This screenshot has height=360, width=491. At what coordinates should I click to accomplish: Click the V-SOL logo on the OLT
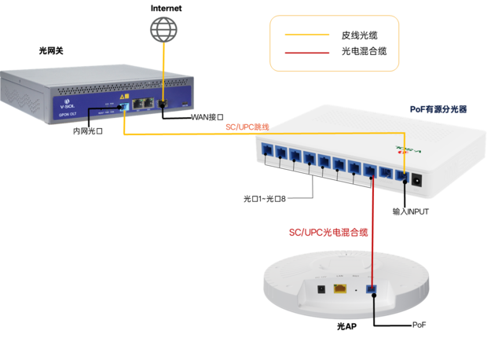tap(68, 104)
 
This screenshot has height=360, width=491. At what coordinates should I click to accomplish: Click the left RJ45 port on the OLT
tap(136, 103)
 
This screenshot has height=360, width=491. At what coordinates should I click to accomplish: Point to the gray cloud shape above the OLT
tap(163, 30)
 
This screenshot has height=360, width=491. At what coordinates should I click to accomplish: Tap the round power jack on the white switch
tap(417, 179)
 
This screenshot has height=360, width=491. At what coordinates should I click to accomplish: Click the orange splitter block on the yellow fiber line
tap(240, 127)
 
